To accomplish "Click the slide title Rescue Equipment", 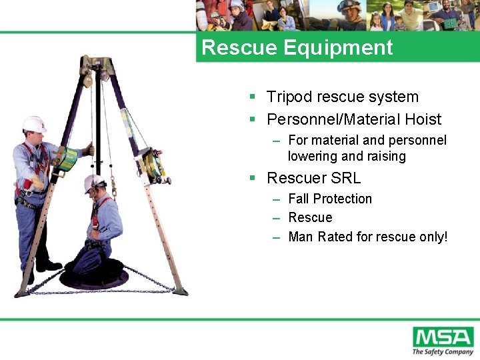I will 297,48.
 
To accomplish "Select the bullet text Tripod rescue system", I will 342,97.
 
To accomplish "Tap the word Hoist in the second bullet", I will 419,119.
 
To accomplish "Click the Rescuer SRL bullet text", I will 313,178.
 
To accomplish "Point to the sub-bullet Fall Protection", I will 330,199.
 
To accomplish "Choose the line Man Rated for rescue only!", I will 367,236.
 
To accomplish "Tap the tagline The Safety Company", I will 443,351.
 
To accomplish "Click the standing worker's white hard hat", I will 33,124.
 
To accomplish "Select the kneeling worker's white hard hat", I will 93,182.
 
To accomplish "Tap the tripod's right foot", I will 180,291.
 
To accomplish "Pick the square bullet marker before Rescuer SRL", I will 253,178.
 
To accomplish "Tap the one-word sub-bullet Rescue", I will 310,217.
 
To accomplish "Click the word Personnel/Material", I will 324,119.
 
